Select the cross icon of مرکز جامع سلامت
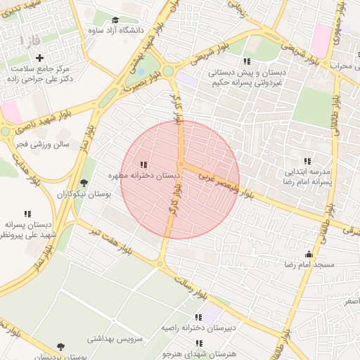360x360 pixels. click(39, 58)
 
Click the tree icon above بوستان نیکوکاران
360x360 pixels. click(84, 183)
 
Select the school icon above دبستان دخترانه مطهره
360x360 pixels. click(144, 164)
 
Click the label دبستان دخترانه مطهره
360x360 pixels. click(144, 174)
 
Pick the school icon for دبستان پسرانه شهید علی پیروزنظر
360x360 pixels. click(27, 214)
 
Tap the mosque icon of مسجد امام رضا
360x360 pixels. click(308, 255)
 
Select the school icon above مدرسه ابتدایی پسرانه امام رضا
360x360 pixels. click(306, 161)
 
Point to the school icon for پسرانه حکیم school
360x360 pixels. click(246, 61)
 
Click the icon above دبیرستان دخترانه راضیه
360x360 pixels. click(198, 318)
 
